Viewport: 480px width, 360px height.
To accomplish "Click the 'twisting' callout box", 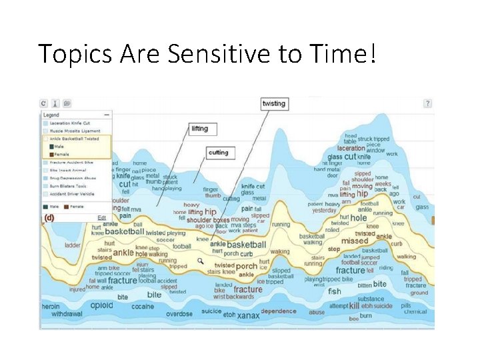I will click(274, 103).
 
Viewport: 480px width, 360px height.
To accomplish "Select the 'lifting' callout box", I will click(199, 129).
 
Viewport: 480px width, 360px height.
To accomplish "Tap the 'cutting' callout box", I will click(218, 153).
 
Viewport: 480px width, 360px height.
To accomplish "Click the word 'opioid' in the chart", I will click(102, 305).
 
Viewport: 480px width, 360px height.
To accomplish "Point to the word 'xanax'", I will click(249, 314).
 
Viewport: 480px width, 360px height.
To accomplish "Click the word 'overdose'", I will click(179, 313).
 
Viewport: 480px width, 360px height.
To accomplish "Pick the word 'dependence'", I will click(279, 311).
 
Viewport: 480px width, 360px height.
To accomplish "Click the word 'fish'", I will click(334, 291).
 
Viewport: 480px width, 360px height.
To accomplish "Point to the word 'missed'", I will click(355, 241).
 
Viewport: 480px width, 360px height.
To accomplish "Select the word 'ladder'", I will click(73, 245).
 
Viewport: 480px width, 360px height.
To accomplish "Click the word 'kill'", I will click(354, 305).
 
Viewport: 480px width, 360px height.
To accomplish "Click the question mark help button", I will click(428, 103).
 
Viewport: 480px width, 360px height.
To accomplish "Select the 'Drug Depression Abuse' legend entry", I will click(73, 178).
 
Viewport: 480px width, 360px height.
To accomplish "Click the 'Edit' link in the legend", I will click(102, 217).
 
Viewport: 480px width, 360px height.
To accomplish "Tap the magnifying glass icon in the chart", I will click(200, 261).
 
